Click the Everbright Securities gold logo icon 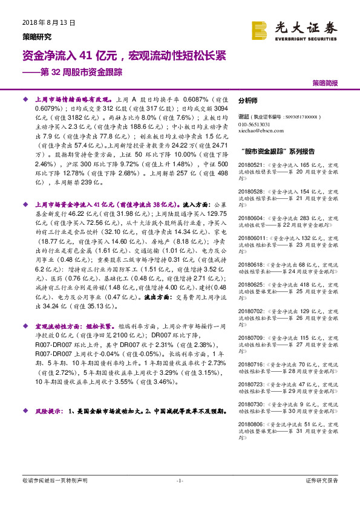[260, 30]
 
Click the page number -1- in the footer [179, 480]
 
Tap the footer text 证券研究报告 [321, 480]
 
